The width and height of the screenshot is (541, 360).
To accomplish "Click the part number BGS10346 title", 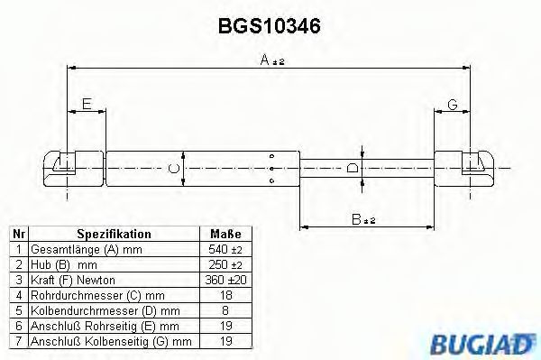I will coord(270,26).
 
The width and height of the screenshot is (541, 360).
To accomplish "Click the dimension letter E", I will coord(86,105).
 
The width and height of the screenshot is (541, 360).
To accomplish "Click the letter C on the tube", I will coord(173,167).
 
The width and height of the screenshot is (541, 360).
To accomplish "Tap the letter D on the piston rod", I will coord(352,167).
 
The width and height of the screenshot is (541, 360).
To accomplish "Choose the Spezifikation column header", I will coord(114,234).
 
